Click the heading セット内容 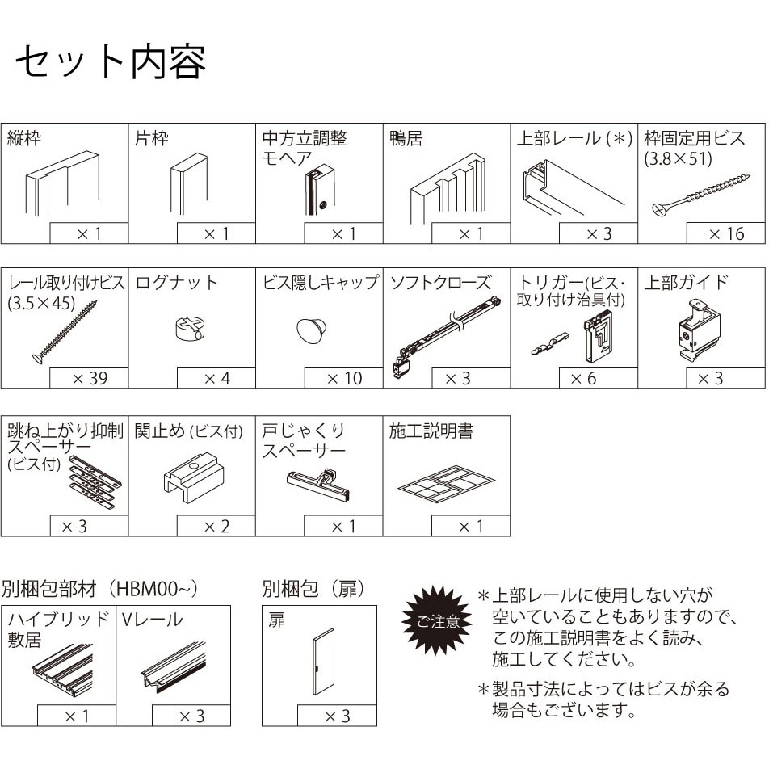point(111,63)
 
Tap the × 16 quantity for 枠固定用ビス point(726,234)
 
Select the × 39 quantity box point(89,378)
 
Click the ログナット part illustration point(191,328)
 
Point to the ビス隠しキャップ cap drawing point(313,330)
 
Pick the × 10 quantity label point(344,378)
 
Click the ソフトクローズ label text point(440,283)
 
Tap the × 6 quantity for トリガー point(583,379)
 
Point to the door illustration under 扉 point(323,662)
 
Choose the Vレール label point(152,620)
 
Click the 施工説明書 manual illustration point(446,484)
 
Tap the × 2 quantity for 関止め point(216,526)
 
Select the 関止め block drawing point(194,477)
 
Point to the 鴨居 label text point(406,138)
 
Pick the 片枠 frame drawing point(189,184)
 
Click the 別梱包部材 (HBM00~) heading point(99,589)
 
